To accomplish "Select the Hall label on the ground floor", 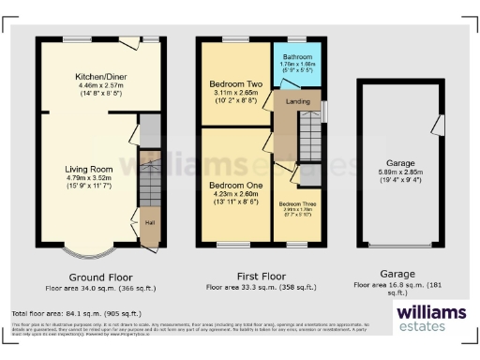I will tap(150, 222).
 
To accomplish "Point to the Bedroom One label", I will tap(230, 186).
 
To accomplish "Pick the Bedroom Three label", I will tap(296, 203).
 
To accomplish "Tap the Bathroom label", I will tap(297, 58).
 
